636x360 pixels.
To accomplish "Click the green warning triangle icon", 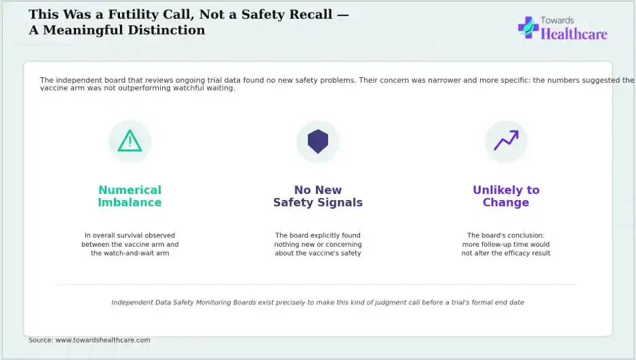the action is coord(130,141).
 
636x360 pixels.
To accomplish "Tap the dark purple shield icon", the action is coord(318,142).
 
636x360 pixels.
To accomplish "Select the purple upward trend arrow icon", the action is coord(506,140).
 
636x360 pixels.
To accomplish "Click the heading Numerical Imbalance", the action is coord(130,196).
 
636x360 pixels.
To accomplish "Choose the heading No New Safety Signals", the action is coord(318,196).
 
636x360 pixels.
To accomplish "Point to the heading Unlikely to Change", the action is coord(506,196).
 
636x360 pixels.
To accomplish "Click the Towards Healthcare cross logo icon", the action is coord(528,27).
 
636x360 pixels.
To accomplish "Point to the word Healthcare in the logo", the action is coord(574,34).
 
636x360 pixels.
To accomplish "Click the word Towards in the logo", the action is coord(557,20).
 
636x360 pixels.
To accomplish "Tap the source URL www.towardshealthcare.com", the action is coord(102,340).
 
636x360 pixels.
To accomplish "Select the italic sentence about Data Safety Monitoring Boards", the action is coord(317,302).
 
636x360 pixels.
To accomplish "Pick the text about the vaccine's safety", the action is coord(318,253).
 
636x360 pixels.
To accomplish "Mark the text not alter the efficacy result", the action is coord(506,253).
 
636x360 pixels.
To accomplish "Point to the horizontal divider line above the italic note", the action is coord(317,285).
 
